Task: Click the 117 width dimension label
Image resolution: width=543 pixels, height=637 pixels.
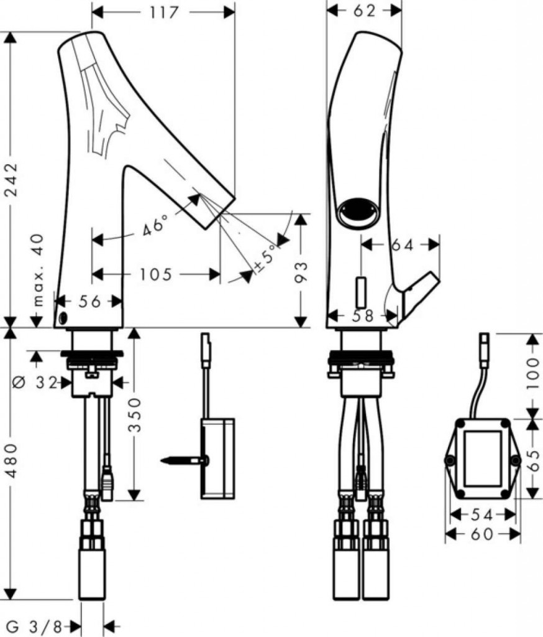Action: tap(164, 12)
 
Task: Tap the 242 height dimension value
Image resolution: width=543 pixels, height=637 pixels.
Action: tap(12, 179)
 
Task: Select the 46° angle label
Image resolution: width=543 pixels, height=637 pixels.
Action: tap(155, 225)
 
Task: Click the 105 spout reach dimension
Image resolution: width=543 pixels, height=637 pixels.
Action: tap(156, 274)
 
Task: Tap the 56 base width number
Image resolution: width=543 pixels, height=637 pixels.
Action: tap(89, 302)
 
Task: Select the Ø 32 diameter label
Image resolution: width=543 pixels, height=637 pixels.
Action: tap(35, 383)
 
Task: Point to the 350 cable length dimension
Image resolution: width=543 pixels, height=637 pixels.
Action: tap(135, 415)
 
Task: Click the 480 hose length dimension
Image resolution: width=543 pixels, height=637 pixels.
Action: tap(12, 460)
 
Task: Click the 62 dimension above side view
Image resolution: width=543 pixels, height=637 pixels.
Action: tap(364, 11)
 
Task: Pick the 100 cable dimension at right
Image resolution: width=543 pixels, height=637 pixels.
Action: tap(533, 373)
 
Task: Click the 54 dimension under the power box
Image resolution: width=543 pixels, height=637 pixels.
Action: tap(481, 515)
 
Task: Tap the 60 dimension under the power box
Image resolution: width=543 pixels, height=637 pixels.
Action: tap(482, 534)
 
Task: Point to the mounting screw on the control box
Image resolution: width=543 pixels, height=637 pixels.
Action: tap(185, 460)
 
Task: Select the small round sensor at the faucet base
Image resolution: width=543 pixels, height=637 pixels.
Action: tap(63, 318)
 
